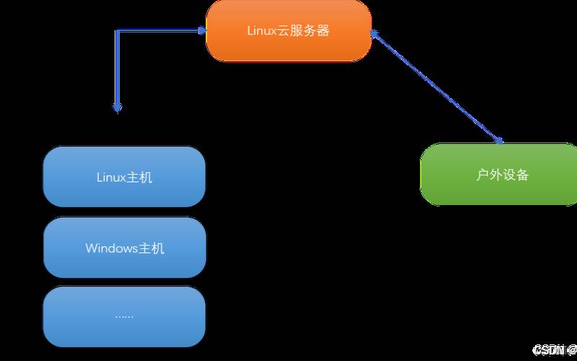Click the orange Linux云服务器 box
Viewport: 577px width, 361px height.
pyautogui.click(x=288, y=31)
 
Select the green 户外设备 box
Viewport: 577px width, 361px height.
pyautogui.click(x=498, y=174)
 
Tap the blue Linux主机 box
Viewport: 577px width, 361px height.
pyautogui.click(x=124, y=177)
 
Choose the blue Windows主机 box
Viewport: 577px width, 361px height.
pyautogui.click(x=124, y=248)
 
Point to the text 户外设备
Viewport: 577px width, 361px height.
pyautogui.click(x=503, y=175)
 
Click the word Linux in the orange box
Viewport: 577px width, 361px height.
pyautogui.click(x=262, y=32)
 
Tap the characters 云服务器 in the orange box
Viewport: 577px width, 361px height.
pyautogui.click(x=303, y=32)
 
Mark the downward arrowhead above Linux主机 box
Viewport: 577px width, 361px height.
pyautogui.click(x=118, y=108)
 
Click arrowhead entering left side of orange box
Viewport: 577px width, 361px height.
pyautogui.click(x=202, y=30)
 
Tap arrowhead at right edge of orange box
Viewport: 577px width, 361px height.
pyautogui.click(x=375, y=34)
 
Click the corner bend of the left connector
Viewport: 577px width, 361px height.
pyautogui.click(x=118, y=31)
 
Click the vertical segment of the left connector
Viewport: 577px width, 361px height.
pyautogui.click(x=118, y=69)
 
